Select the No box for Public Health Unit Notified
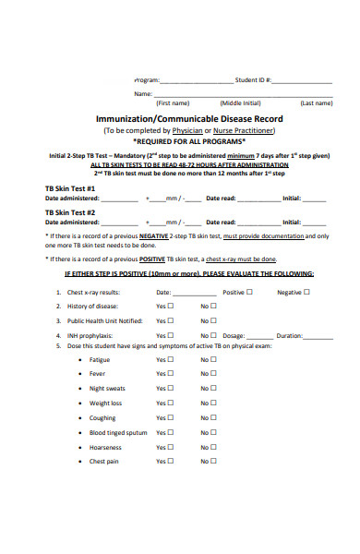click(214, 320)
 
